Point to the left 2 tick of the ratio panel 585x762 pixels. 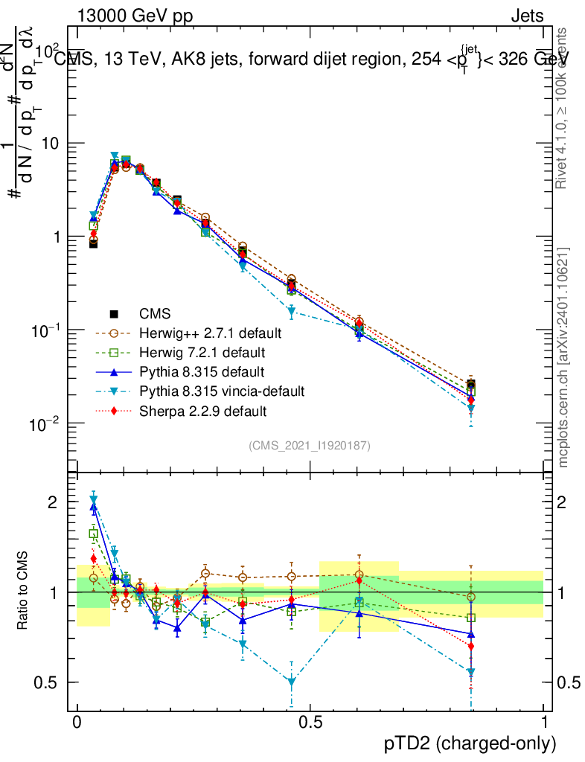(54, 502)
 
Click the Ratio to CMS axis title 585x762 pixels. (22, 592)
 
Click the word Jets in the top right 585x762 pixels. (527, 15)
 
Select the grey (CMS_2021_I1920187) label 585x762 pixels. (310, 445)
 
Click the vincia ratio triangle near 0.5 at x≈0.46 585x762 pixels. (292, 682)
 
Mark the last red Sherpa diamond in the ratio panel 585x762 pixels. (470, 646)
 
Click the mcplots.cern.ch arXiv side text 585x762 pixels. (563, 357)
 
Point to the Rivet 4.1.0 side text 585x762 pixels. (563, 108)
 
